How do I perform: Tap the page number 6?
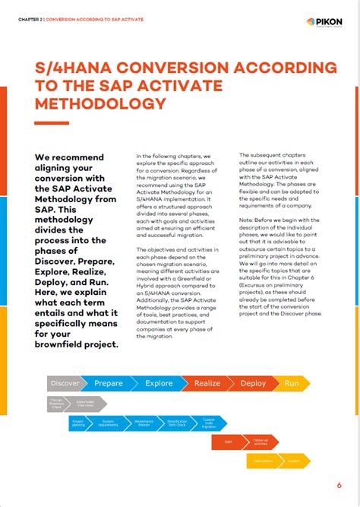click(x=339, y=484)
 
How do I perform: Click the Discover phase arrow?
click(x=65, y=383)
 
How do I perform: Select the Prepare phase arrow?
click(x=109, y=383)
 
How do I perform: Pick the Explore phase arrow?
click(x=159, y=383)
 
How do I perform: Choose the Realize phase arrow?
click(x=207, y=383)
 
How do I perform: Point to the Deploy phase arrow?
click(x=253, y=383)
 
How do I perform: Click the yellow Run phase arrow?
click(x=292, y=383)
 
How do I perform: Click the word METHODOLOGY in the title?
click(x=101, y=103)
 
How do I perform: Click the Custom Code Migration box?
click(x=209, y=422)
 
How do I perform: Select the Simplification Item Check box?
click(x=177, y=422)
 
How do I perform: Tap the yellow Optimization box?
click(x=264, y=460)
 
